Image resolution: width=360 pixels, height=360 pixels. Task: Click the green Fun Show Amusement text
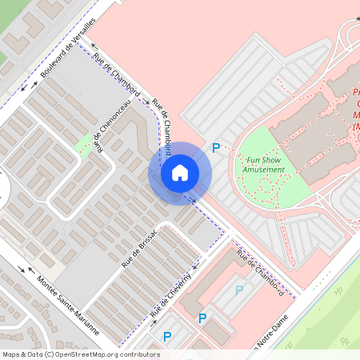click(264, 165)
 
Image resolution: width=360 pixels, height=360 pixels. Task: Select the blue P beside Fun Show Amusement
click(215, 148)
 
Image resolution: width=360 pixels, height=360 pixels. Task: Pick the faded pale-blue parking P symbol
click(238, 290)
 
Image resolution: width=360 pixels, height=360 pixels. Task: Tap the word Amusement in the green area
click(264, 170)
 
